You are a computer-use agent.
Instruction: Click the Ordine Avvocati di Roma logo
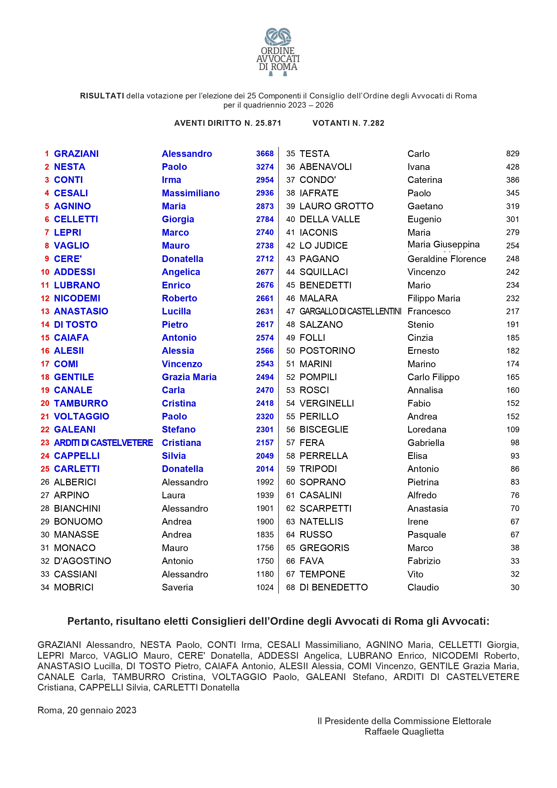pyautogui.click(x=278, y=51)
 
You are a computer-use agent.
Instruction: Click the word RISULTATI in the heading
pyautogui.click(x=102, y=96)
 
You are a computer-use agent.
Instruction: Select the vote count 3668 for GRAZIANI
pyautogui.click(x=265, y=154)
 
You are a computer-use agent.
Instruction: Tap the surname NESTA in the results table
pyautogui.click(x=70, y=167)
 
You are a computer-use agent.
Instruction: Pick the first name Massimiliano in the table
pyautogui.click(x=191, y=193)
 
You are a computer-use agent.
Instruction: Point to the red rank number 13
pyautogui.click(x=45, y=311)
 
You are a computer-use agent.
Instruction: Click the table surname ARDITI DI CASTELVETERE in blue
pyautogui.click(x=103, y=443)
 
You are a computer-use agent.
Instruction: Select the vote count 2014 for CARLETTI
pyautogui.click(x=265, y=469)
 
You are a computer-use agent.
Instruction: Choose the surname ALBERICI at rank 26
pyautogui.click(x=75, y=482)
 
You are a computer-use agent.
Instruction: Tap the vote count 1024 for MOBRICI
pyautogui.click(x=265, y=587)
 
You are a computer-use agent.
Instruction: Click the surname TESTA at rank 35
pyautogui.click(x=314, y=154)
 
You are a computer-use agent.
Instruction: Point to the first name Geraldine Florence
pyautogui.click(x=447, y=259)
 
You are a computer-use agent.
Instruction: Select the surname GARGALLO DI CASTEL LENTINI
pyautogui.click(x=350, y=311)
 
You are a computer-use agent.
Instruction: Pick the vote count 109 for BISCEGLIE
pyautogui.click(x=513, y=429)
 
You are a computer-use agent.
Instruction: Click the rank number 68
pyautogui.click(x=290, y=587)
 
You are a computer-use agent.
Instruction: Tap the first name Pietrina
pyautogui.click(x=423, y=482)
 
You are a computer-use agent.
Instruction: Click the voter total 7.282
pyautogui.click(x=374, y=123)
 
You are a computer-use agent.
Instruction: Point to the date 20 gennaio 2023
pyautogui.click(x=102, y=710)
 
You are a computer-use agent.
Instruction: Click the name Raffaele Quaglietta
pyautogui.click(x=404, y=731)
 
